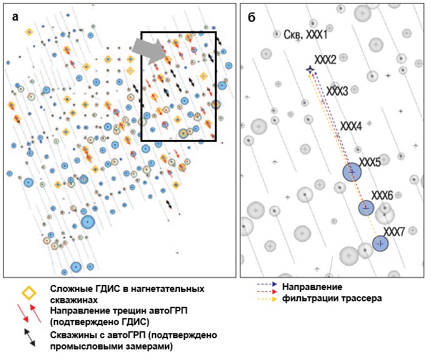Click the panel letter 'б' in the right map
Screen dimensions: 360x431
pos(251,17)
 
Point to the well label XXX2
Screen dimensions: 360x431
pos(325,59)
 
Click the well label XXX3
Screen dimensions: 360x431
pos(337,91)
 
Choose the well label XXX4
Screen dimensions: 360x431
pos(351,126)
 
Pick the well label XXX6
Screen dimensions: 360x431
pos(382,196)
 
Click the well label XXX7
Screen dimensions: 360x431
pos(394,231)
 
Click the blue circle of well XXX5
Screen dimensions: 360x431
pos(352,172)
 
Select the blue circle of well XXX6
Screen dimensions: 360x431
pos(366,207)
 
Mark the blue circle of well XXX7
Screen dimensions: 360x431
pos(380,243)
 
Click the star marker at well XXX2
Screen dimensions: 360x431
pos(310,69)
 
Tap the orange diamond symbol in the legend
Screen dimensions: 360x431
pos(27,292)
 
